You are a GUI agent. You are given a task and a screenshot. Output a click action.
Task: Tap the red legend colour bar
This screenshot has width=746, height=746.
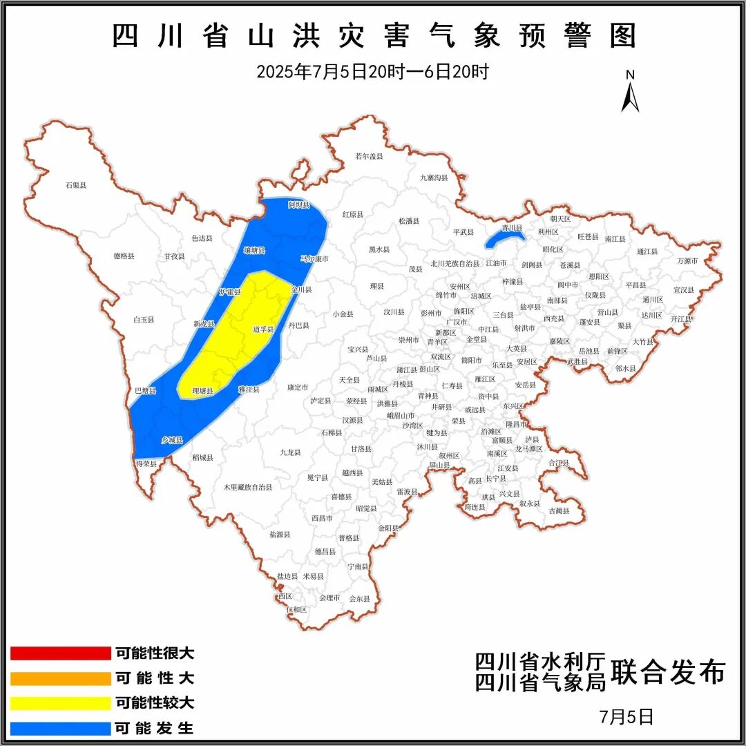[61, 653]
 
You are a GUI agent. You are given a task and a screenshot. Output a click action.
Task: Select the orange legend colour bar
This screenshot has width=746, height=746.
[61, 678]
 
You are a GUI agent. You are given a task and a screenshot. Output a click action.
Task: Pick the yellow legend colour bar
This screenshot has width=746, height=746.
[61, 703]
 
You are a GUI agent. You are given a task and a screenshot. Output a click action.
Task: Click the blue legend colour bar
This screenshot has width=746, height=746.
[61, 728]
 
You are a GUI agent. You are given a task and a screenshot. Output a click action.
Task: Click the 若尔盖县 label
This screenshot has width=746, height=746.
[369, 156]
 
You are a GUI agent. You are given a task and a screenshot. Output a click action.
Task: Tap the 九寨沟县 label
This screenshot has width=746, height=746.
[434, 178]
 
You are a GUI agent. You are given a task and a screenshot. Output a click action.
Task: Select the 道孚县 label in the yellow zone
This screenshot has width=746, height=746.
[263, 329]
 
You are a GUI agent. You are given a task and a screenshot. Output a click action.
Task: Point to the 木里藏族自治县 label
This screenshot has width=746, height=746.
[247, 487]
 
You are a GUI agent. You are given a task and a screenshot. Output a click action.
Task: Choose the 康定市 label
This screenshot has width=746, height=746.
[298, 388]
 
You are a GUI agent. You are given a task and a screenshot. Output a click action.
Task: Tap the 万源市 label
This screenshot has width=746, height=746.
[687, 260]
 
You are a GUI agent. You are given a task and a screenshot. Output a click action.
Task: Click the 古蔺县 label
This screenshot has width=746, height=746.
[559, 510]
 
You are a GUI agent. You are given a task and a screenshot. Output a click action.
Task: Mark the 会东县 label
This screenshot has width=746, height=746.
[360, 598]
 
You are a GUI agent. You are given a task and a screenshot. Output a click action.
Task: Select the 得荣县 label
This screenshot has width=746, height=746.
[146, 463]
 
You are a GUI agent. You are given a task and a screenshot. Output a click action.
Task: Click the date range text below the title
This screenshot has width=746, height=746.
[372, 71]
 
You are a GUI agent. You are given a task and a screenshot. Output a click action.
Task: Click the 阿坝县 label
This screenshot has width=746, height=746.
[298, 205]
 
